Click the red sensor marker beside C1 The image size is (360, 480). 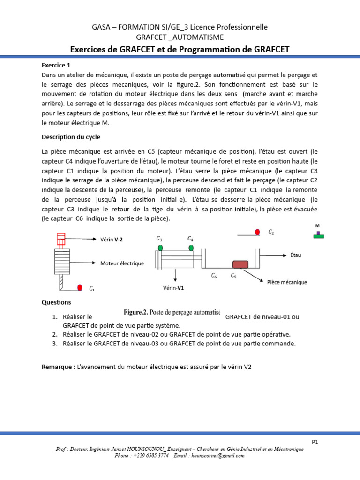point(80,287)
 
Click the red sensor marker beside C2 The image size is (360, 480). point(257,232)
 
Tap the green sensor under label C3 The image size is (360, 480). point(160,247)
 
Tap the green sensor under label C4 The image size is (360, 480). point(191,247)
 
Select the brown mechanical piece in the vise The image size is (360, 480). point(240,264)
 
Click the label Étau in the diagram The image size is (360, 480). point(295,256)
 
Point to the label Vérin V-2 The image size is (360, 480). point(112,240)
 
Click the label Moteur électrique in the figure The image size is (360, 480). point(122,263)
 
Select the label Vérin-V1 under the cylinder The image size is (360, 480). point(173,288)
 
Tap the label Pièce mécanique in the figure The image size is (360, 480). point(287,282)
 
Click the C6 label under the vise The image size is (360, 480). point(214,276)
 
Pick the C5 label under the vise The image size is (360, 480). point(233,276)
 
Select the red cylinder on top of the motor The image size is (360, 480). point(60,239)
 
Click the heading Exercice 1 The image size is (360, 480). point(56,66)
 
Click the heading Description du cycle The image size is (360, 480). point(71,137)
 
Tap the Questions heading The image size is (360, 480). point(56,302)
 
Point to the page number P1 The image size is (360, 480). point(315,442)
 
